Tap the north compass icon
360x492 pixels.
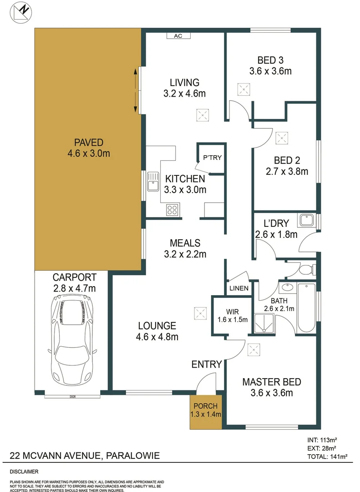(x=21, y=12)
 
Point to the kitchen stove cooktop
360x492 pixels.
(x=172, y=210)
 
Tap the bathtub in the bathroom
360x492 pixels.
(x=306, y=308)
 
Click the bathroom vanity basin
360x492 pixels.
(x=287, y=288)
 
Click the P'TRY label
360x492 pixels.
(x=212, y=158)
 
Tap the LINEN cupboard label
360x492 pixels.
(x=239, y=288)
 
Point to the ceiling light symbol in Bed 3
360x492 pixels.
(x=244, y=89)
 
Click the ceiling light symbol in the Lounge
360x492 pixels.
(x=200, y=313)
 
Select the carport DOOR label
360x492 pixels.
(x=72, y=396)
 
